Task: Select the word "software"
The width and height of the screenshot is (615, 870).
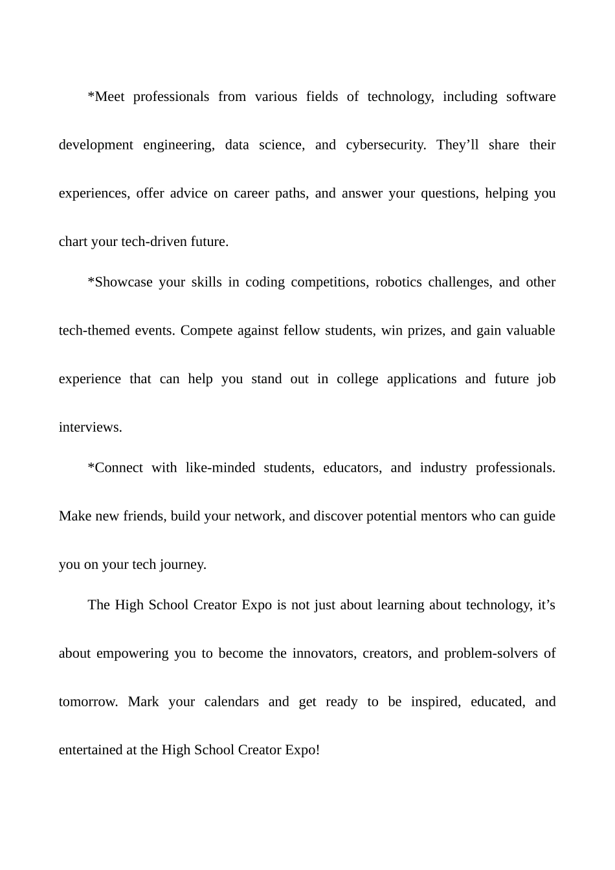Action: [x=531, y=96]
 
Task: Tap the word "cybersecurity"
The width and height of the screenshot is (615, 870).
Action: [x=385, y=145]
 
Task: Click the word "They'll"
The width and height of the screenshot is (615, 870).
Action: [x=458, y=145]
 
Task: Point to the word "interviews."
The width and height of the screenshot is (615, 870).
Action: [x=91, y=427]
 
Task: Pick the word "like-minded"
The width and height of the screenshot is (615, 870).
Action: [x=220, y=468]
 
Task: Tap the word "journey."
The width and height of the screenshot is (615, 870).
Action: [x=183, y=564]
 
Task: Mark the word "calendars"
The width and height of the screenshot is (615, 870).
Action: [x=231, y=702]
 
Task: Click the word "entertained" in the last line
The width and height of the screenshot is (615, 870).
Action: [x=90, y=750]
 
